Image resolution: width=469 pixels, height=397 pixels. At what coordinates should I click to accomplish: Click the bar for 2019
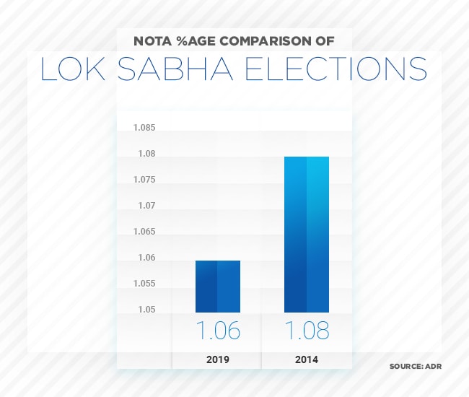(217, 286)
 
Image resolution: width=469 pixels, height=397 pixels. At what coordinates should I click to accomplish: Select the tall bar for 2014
(307, 234)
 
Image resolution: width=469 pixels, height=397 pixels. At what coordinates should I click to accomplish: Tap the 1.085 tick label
(144, 128)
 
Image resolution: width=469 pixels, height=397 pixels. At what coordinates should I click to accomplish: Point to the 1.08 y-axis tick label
(146, 154)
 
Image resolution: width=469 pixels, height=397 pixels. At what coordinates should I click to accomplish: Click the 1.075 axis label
(144, 180)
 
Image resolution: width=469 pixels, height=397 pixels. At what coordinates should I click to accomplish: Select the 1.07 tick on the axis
(146, 206)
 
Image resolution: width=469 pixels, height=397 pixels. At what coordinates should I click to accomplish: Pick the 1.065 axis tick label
(144, 232)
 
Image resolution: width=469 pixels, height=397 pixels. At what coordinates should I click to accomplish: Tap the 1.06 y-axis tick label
(146, 258)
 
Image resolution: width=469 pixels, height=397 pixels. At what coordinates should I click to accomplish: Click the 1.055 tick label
(144, 284)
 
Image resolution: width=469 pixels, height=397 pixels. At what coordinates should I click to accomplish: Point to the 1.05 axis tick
(146, 310)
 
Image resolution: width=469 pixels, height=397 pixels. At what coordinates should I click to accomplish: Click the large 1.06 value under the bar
(218, 331)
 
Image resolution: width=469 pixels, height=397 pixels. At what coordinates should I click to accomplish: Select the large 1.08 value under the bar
(307, 331)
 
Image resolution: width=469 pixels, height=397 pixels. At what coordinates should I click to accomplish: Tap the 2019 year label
(217, 359)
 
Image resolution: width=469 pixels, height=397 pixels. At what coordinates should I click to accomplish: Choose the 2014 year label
(307, 359)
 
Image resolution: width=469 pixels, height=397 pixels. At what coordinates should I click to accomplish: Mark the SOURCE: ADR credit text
(415, 367)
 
